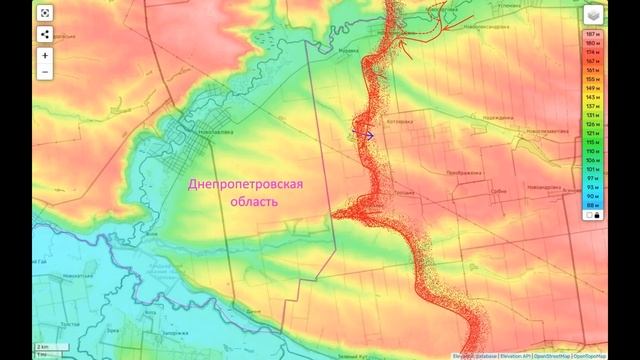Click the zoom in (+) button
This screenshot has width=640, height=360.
click(46, 55)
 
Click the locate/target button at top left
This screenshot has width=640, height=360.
click(46, 13)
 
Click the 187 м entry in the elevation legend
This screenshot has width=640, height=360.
click(591, 35)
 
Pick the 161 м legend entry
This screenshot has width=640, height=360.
click(591, 71)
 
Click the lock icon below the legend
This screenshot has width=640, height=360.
click(592, 214)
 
